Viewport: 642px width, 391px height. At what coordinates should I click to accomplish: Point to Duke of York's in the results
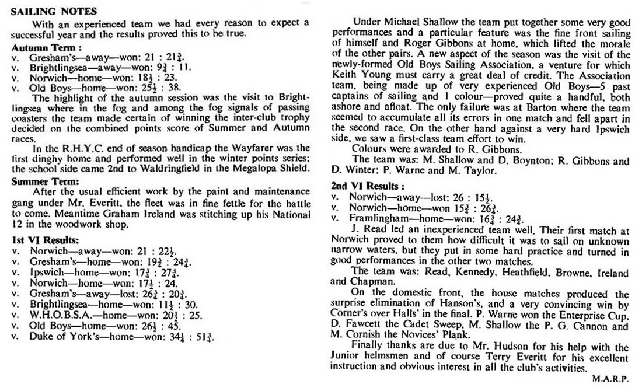(x=60, y=337)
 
